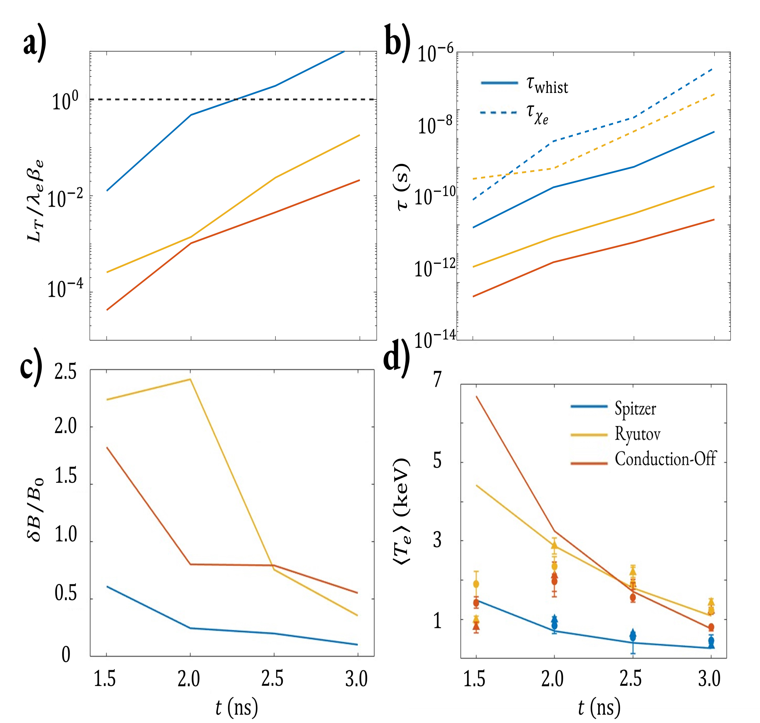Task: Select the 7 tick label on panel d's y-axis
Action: click(x=437, y=380)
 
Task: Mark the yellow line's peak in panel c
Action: click(x=190, y=379)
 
